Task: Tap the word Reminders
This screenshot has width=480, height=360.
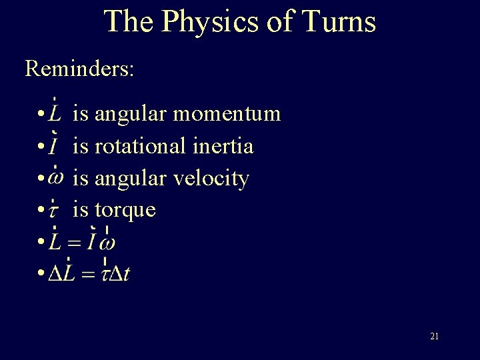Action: click(x=79, y=68)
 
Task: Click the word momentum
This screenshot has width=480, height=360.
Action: click(x=227, y=114)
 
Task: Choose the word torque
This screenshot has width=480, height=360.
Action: click(x=125, y=210)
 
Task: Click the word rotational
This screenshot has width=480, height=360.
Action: click(x=141, y=146)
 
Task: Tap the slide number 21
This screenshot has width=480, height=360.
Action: click(x=434, y=337)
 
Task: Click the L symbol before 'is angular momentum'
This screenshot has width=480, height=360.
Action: click(x=56, y=114)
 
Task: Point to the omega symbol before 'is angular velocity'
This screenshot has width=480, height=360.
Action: click(x=57, y=179)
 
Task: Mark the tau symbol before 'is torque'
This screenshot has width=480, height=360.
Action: click(x=55, y=211)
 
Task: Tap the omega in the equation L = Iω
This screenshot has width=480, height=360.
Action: click(x=106, y=243)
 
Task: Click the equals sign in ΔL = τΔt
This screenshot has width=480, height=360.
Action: click(x=87, y=275)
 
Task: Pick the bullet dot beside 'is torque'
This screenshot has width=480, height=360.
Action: click(x=41, y=211)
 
